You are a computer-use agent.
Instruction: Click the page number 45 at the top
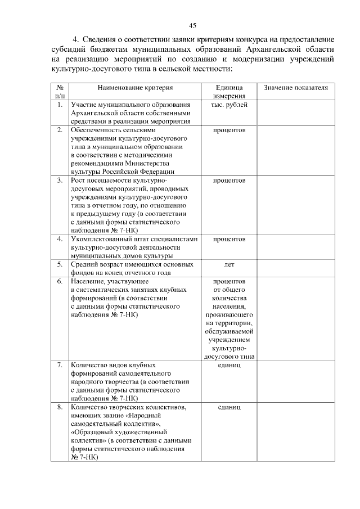click(192, 25)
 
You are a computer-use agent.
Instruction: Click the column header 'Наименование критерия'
click(135, 88)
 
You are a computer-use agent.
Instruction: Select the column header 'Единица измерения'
click(229, 92)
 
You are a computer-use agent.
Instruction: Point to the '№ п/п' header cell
click(59, 92)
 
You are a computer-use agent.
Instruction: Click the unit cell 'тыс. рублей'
click(229, 105)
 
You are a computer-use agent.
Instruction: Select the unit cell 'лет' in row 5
click(229, 264)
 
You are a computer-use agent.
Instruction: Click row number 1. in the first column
click(59, 105)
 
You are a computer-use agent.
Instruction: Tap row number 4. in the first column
click(59, 239)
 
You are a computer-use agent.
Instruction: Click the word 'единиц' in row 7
click(229, 365)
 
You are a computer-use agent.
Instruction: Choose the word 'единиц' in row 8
click(229, 407)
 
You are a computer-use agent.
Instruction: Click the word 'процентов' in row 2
click(229, 130)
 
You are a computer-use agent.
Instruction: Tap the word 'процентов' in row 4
click(229, 239)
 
